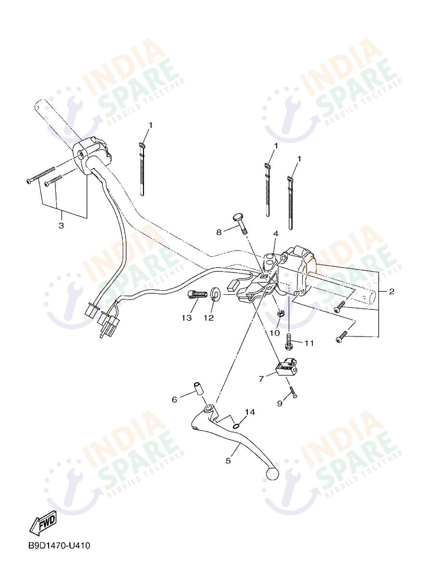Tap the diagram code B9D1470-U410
[x=59, y=546]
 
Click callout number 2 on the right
[x=392, y=291]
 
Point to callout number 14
[x=249, y=412]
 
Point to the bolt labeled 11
[x=289, y=342]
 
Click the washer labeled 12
[x=215, y=294]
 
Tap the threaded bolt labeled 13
[x=195, y=295]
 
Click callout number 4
[x=276, y=234]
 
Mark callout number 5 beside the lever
[x=228, y=461]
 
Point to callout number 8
[x=218, y=232]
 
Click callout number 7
[x=261, y=379]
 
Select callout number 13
[x=187, y=318]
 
